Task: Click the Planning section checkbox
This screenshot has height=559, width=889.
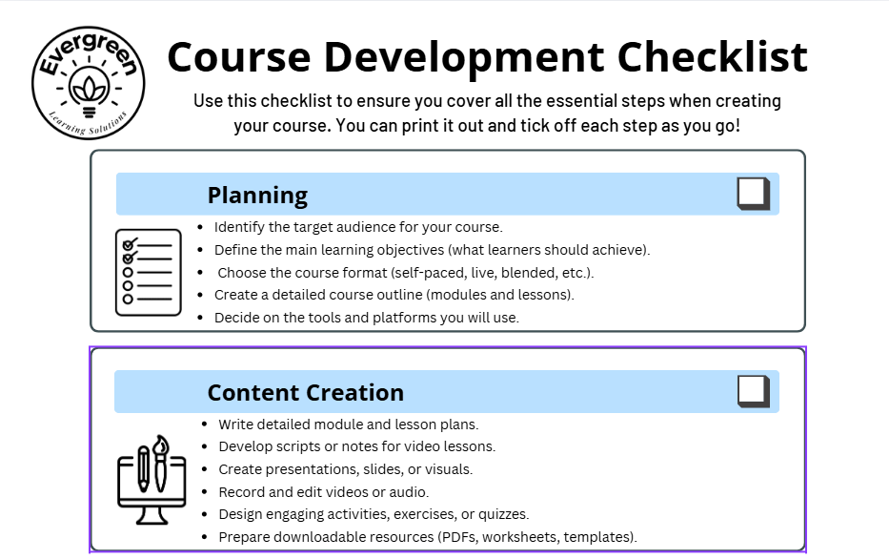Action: (x=752, y=194)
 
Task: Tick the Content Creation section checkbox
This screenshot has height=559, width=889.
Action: (x=752, y=391)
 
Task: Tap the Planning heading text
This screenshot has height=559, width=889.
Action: (x=257, y=196)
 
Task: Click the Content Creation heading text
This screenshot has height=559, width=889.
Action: (x=305, y=393)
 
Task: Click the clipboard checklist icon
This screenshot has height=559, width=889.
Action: (x=148, y=272)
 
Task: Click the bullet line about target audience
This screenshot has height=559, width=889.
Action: (x=357, y=227)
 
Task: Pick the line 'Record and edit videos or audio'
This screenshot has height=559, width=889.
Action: (x=323, y=492)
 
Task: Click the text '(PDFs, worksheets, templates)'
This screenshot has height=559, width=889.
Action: (x=543, y=537)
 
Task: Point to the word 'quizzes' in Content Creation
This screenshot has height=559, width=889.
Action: (x=502, y=515)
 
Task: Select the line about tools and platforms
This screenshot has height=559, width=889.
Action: (x=366, y=318)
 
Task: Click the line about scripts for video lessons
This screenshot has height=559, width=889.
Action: (x=356, y=446)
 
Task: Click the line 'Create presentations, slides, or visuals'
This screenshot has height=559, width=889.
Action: (x=345, y=469)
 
